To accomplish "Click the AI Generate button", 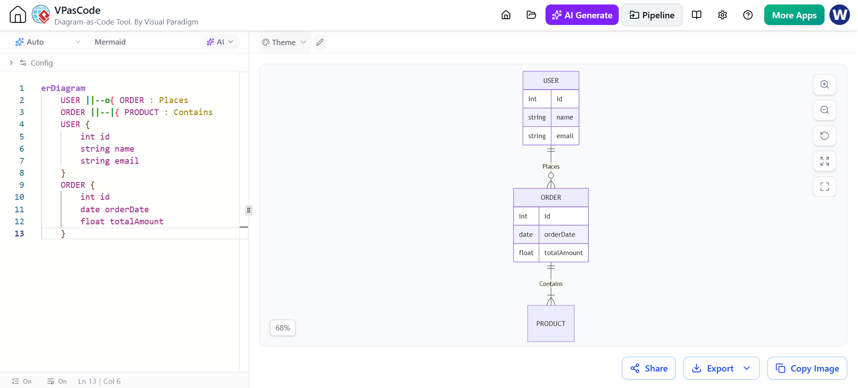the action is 582,15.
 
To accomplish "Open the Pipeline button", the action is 652,15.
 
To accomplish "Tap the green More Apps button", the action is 794,15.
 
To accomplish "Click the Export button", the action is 721,368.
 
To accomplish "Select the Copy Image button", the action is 807,368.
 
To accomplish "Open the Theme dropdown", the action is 284,42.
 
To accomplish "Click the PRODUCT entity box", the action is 551,324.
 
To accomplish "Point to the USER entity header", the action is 551,81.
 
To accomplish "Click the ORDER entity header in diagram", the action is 551,198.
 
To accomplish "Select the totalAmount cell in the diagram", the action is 563,253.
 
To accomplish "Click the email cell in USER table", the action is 565,136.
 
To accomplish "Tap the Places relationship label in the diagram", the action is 551,166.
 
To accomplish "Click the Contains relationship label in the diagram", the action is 551,284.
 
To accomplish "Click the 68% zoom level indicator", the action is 283,328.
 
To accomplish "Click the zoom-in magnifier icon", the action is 825,85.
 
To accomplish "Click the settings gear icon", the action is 722,15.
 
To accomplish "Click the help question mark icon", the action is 748,15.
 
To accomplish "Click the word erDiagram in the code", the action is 63,88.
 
